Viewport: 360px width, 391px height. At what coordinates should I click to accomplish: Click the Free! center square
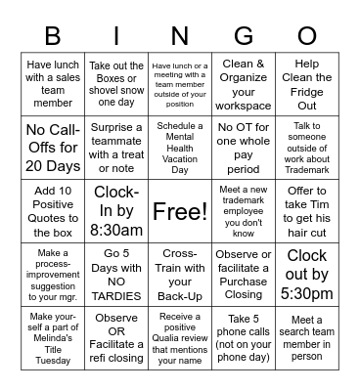[180, 211]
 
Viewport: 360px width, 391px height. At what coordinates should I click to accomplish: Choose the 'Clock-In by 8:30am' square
[115, 211]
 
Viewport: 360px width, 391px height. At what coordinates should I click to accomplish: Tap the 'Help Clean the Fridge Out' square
[307, 86]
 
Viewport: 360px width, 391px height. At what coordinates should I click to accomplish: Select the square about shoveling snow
[115, 86]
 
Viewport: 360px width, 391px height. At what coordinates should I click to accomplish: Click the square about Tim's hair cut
[307, 211]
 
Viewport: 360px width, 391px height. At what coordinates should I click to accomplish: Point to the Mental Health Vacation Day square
[180, 149]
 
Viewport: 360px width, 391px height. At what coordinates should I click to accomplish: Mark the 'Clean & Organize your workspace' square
[244, 86]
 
